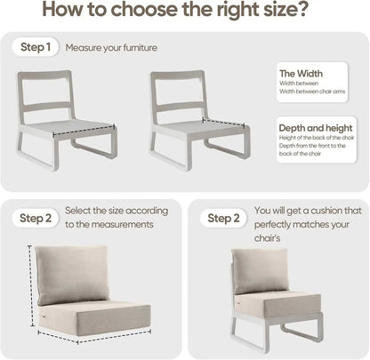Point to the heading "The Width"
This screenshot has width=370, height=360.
301,73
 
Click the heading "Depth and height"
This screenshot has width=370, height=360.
313,127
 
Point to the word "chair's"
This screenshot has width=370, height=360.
270,240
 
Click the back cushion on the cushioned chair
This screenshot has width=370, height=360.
260,270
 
